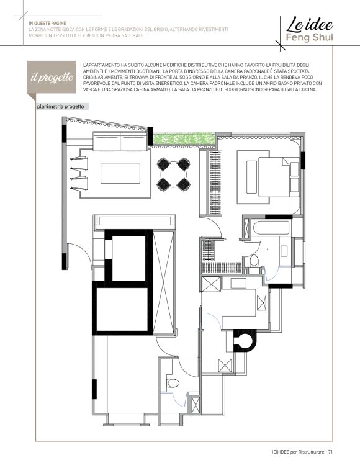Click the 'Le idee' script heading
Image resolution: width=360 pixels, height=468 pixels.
click(x=310, y=24)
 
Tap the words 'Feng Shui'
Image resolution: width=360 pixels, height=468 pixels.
click(x=309, y=38)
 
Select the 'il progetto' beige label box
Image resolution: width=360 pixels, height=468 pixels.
click(x=52, y=77)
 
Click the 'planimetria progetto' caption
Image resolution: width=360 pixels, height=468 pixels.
click(x=60, y=107)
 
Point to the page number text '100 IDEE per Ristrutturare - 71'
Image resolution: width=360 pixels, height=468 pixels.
click(x=302, y=452)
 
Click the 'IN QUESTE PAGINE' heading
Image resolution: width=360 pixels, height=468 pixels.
click(x=47, y=24)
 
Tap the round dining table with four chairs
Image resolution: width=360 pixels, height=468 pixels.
click(x=173, y=174)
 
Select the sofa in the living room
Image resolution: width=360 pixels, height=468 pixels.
click(x=120, y=142)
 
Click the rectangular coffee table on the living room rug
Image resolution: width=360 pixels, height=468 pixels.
click(x=120, y=173)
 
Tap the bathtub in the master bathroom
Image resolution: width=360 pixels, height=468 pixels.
click(x=271, y=228)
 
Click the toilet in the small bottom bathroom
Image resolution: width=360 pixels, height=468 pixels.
click(x=173, y=382)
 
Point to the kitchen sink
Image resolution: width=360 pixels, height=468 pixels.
click(x=261, y=302)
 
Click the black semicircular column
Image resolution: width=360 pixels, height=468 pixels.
click(x=245, y=341)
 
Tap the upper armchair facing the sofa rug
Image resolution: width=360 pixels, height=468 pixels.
click(x=79, y=164)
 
